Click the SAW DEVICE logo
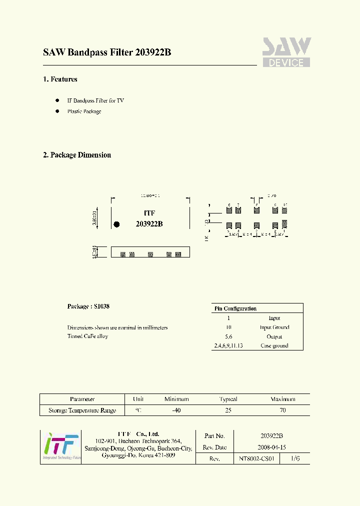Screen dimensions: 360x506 pyautogui.click(x=286, y=52)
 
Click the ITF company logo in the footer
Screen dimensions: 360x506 pyautogui.click(x=60, y=446)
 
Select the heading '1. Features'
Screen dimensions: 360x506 pyautogui.click(x=60, y=79)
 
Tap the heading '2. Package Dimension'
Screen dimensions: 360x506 pyautogui.click(x=77, y=155)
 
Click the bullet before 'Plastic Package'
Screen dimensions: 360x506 pyautogui.click(x=57, y=111)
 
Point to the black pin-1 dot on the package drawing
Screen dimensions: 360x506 pyautogui.click(x=117, y=224)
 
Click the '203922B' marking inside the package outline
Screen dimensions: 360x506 pyautogui.click(x=149, y=224)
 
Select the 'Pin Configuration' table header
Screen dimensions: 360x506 pyautogui.click(x=235, y=308)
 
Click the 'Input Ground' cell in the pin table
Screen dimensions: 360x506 pyautogui.click(x=274, y=327)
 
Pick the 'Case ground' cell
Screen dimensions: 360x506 pyautogui.click(x=274, y=346)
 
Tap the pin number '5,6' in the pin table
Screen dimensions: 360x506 pyautogui.click(x=228, y=337)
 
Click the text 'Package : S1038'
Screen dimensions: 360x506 pyautogui.click(x=88, y=306)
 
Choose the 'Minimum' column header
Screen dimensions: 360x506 pyautogui.click(x=176, y=399)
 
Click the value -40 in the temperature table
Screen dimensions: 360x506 pyautogui.click(x=176, y=410)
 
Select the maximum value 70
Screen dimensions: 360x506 pyautogui.click(x=282, y=410)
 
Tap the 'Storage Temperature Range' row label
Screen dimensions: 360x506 pyautogui.click(x=82, y=410)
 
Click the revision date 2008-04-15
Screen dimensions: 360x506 pyautogui.click(x=272, y=447)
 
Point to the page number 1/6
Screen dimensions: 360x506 pyautogui.click(x=295, y=458)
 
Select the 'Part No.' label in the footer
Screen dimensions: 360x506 pyautogui.click(x=214, y=436)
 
